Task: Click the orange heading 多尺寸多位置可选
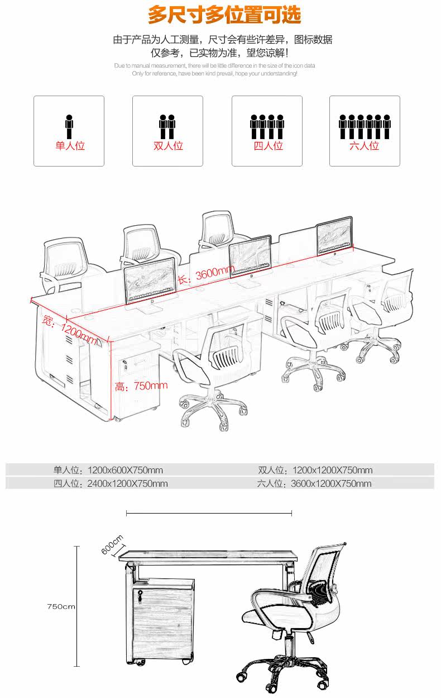click(x=224, y=15)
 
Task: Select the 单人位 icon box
click(x=69, y=131)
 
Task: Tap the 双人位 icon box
click(x=167, y=131)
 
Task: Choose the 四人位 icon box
click(x=267, y=131)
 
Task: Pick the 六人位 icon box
click(x=365, y=131)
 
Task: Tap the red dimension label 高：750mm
click(x=141, y=386)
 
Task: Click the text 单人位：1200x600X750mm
click(x=108, y=470)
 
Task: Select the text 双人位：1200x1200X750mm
click(x=315, y=470)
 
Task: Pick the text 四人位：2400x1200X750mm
click(x=111, y=483)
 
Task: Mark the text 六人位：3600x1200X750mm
click(x=314, y=483)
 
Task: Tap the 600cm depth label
click(x=112, y=545)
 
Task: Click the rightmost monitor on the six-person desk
click(x=334, y=237)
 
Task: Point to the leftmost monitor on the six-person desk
click(x=149, y=281)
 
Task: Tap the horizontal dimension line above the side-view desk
click(x=209, y=512)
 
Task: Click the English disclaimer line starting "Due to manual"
click(x=214, y=65)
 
